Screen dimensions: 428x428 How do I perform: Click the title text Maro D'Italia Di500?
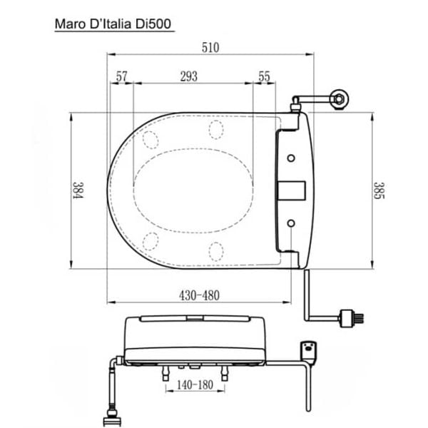(113, 24)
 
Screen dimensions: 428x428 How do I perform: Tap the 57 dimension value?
(121, 76)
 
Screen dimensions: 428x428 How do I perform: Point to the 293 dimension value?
(188, 76)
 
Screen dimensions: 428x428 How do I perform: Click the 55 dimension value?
(264, 76)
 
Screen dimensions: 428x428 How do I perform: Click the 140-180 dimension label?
(195, 385)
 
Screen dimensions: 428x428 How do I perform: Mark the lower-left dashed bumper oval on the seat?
(151, 240)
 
